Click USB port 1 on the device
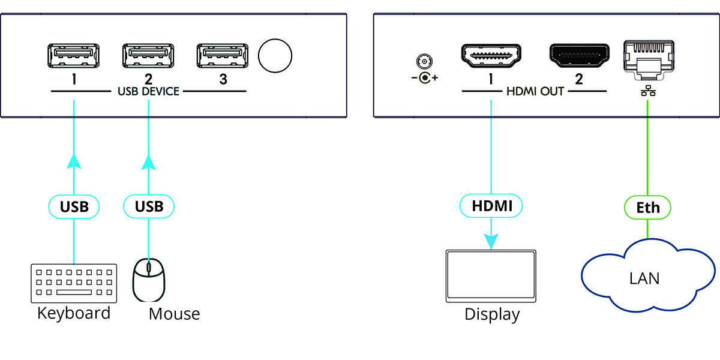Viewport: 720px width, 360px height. [73, 56]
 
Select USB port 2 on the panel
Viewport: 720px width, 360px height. [148, 56]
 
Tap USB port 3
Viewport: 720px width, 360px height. [222, 56]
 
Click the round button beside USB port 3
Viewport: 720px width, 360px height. [275, 56]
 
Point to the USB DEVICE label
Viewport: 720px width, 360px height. [148, 92]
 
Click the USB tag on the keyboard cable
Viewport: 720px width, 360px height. [73, 207]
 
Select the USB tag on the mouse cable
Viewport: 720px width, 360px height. [148, 207]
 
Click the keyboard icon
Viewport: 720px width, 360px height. [72, 282]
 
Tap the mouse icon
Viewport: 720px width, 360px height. [148, 280]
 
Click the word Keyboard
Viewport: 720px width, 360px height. [74, 313]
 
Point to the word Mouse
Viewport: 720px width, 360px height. [174, 313]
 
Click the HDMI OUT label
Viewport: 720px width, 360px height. [534, 92]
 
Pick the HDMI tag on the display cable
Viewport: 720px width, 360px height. [491, 207]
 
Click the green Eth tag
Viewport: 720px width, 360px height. [648, 208]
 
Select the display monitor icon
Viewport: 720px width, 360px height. [491, 275]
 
